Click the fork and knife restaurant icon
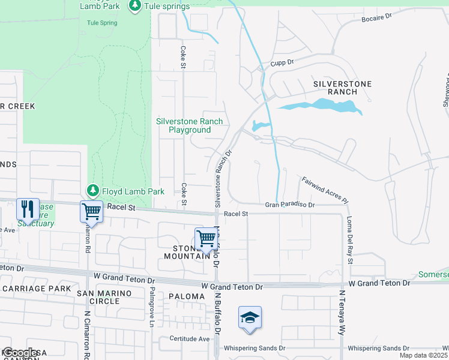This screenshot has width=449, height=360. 28,209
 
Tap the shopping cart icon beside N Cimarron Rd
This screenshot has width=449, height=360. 91,211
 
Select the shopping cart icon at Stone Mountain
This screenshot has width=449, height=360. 206,238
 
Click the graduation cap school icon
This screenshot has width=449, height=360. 250,317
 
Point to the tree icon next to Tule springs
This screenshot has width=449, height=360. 135,6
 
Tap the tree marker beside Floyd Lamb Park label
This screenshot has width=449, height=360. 92,191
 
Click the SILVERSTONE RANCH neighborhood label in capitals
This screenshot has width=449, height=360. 342,88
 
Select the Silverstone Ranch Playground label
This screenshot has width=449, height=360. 189,125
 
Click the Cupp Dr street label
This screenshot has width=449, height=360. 281,62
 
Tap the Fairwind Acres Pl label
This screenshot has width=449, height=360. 325,188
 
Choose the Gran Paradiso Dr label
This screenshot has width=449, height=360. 290,205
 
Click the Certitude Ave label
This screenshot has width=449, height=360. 188,338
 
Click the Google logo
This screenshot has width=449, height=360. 20,353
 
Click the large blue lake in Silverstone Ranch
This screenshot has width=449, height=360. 318,106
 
